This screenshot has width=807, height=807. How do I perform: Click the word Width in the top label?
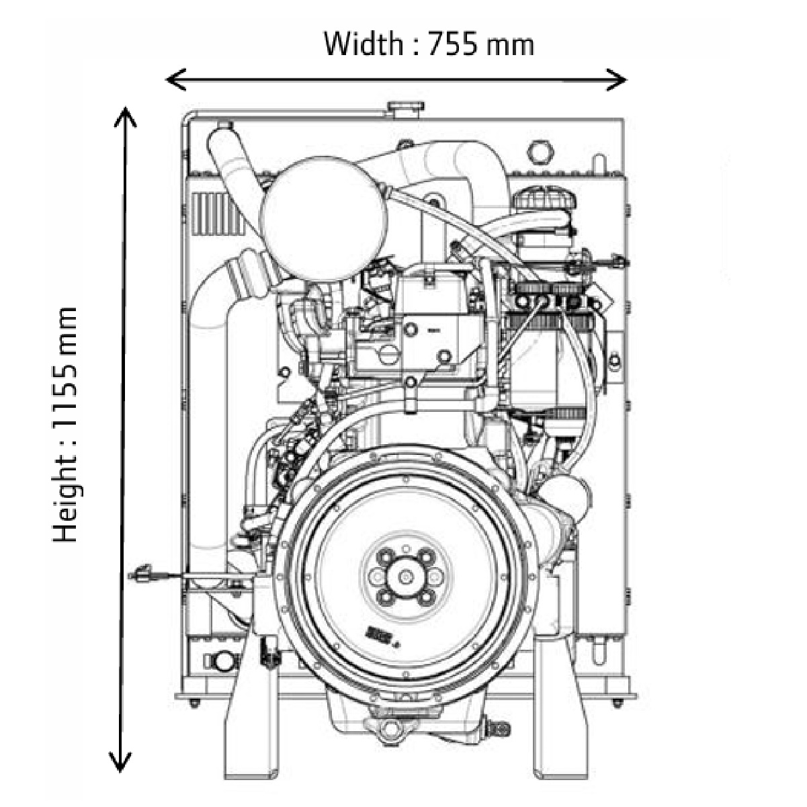click(x=363, y=44)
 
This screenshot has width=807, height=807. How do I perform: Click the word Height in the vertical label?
click(x=67, y=501)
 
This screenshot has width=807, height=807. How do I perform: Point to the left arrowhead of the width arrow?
click(x=171, y=80)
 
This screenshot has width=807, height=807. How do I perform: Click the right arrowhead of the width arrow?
click(x=621, y=80)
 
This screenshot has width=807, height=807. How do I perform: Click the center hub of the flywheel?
click(x=406, y=577)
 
